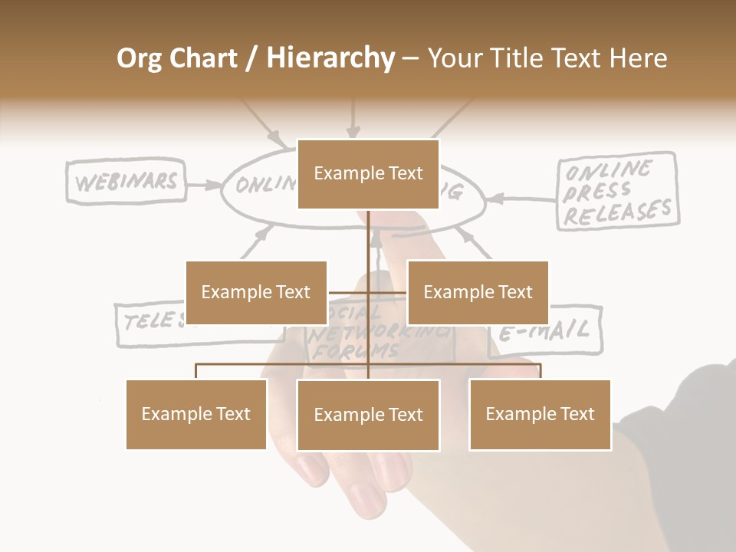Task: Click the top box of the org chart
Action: [368, 174]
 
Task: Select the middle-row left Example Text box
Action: [256, 292]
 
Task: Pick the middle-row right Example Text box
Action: [478, 292]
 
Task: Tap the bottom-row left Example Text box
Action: [196, 414]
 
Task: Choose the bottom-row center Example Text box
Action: [368, 415]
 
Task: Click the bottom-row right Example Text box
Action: [540, 414]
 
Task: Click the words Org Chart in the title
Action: [176, 58]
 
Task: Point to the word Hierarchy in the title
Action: [330, 58]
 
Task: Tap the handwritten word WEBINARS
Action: [127, 182]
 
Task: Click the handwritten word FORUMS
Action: [357, 352]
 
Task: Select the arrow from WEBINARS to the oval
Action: [203, 185]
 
